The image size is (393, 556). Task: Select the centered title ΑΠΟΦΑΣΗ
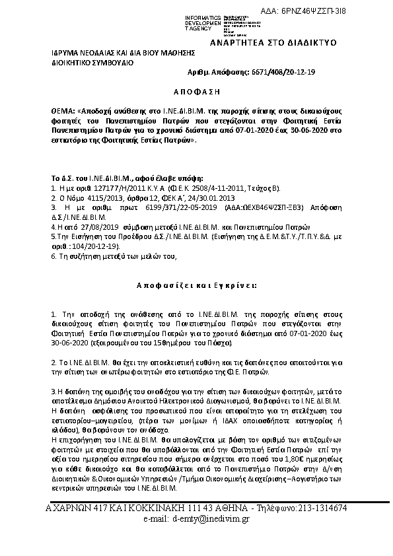199,90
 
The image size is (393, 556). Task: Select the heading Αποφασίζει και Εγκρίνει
198,286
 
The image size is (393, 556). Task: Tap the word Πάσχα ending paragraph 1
222,343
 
